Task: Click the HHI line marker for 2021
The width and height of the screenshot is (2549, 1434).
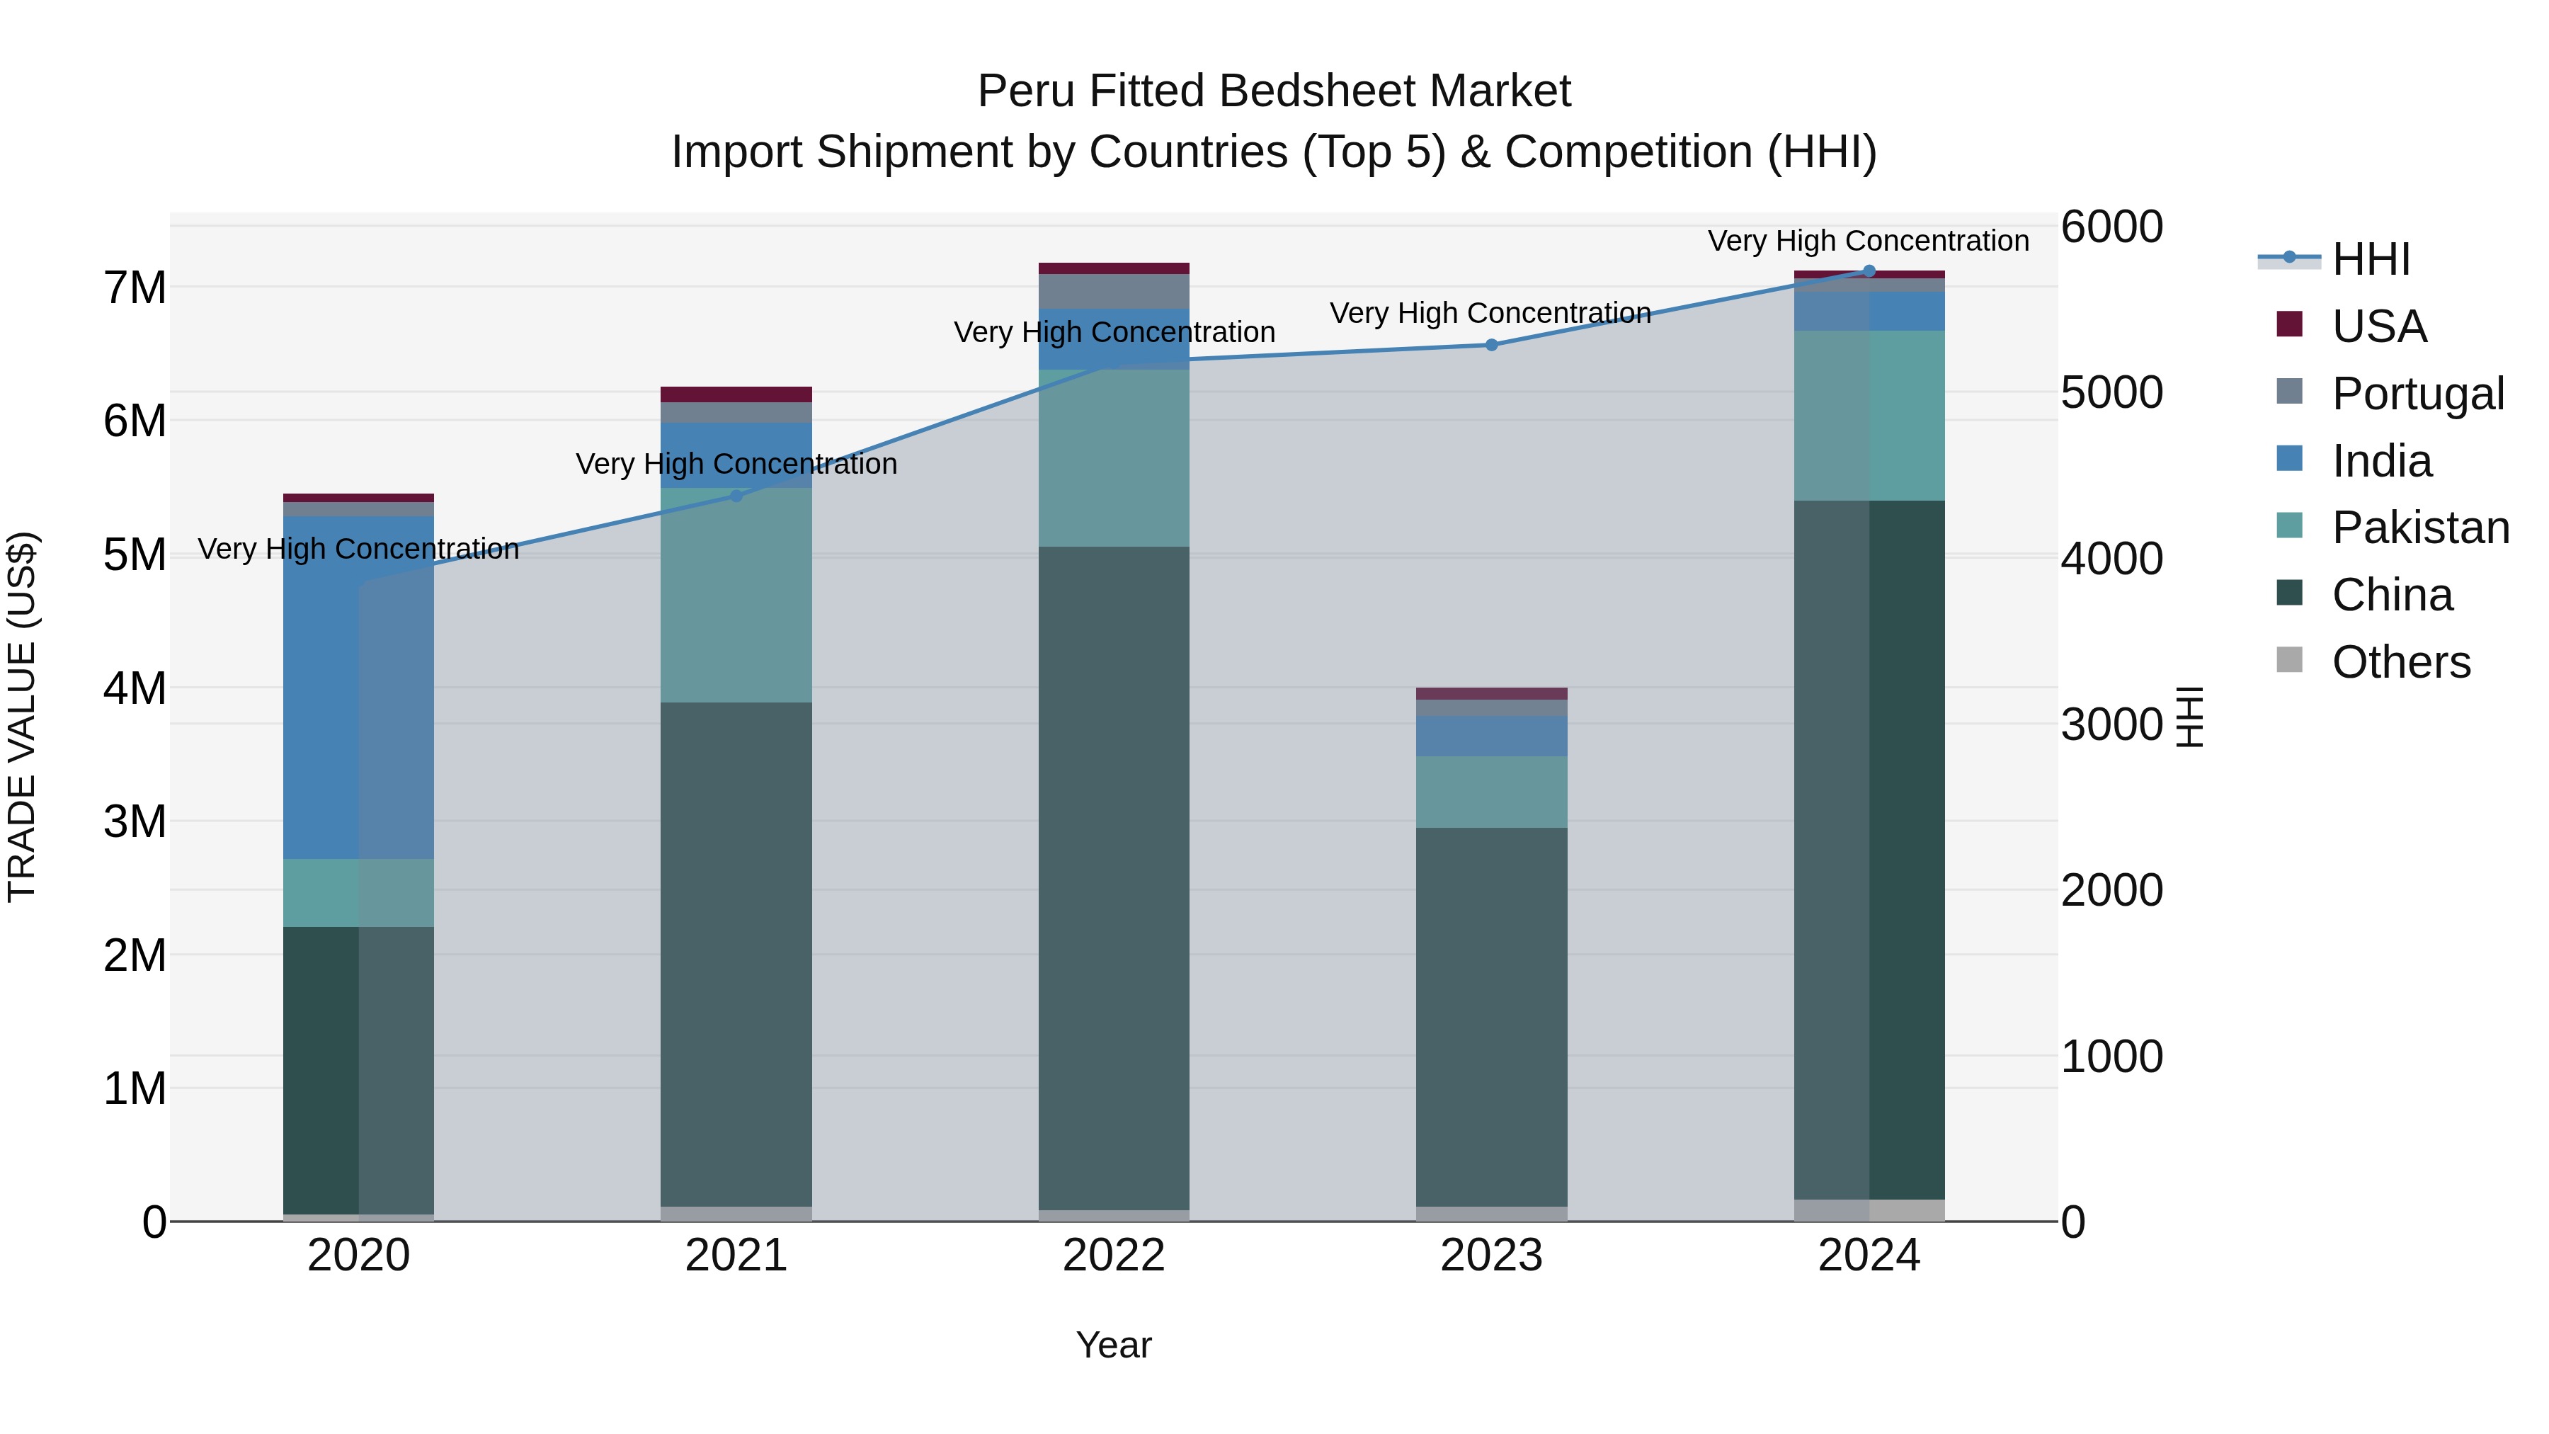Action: click(x=736, y=496)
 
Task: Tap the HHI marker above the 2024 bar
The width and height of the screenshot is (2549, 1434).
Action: click(x=1869, y=271)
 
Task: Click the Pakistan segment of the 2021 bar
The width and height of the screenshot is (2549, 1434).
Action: click(x=736, y=595)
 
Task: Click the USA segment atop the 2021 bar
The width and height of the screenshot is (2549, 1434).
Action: click(x=736, y=394)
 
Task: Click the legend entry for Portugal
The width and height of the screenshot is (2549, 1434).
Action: click(x=2417, y=393)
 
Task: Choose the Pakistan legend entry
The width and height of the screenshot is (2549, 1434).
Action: click(x=2419, y=528)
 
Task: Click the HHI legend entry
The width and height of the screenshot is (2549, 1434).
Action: click(x=2370, y=259)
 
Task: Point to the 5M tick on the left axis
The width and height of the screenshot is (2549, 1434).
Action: click(x=135, y=554)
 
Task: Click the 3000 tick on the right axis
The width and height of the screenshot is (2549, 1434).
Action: click(x=2111, y=724)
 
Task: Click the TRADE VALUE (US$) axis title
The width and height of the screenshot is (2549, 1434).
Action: click(x=22, y=717)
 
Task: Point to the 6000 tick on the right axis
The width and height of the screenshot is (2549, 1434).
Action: click(x=2111, y=227)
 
